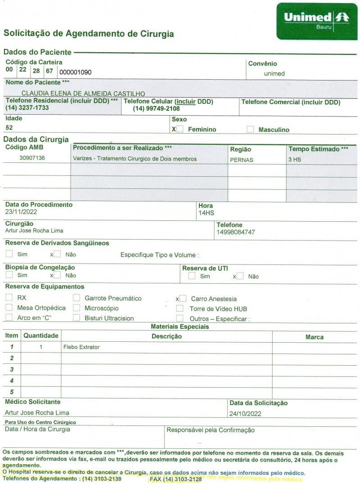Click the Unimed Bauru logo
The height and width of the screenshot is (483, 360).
coord(317,20)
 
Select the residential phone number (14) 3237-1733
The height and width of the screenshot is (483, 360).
coord(27,108)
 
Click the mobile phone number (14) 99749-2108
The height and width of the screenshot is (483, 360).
coord(156,109)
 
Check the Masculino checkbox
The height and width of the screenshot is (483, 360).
coord(250,130)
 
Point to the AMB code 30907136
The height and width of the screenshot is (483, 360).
coord(32,158)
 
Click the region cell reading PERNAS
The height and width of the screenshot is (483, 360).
coord(242,160)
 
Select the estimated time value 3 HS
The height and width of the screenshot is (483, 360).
coord(295,160)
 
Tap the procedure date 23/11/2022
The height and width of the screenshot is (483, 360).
coord(21,211)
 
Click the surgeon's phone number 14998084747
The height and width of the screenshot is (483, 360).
coord(236,232)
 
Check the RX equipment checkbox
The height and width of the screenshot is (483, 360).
coord(9,298)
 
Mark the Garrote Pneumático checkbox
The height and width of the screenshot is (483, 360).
coord(76,298)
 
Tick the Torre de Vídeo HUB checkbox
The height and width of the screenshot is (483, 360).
coord(180,309)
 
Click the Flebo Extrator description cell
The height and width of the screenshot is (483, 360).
coord(81,347)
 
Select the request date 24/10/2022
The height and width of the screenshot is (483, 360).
coord(245,414)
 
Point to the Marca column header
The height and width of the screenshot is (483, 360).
coord(314,337)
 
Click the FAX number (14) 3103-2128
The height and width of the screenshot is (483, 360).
coord(175,479)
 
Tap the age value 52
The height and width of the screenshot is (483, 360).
coord(9,127)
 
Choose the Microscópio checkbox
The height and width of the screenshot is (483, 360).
coord(76,308)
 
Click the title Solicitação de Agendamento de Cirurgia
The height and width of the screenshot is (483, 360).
coord(89,34)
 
